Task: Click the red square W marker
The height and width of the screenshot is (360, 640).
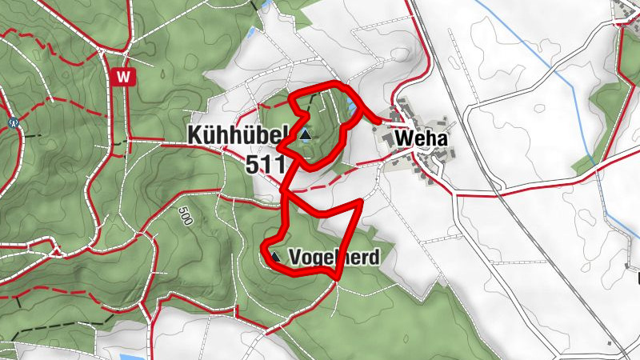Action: (123, 77)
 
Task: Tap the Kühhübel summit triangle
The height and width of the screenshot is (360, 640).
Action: (305, 135)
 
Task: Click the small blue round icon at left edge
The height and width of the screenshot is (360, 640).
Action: (13, 122)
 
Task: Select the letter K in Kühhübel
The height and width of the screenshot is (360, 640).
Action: (196, 135)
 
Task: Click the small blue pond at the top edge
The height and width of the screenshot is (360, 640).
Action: (251, 34)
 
